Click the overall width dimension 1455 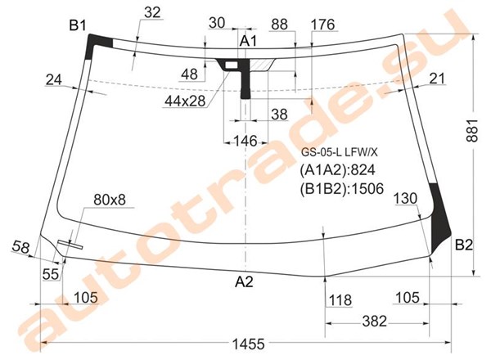click(248, 344)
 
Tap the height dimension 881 click(472, 130)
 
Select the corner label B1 click(78, 25)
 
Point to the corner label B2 click(463, 245)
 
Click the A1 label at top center click(248, 41)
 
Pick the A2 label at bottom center click(244, 282)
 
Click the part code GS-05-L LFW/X click(339, 152)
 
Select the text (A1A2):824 click(337, 170)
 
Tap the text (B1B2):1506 click(341, 189)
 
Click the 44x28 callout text click(185, 101)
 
